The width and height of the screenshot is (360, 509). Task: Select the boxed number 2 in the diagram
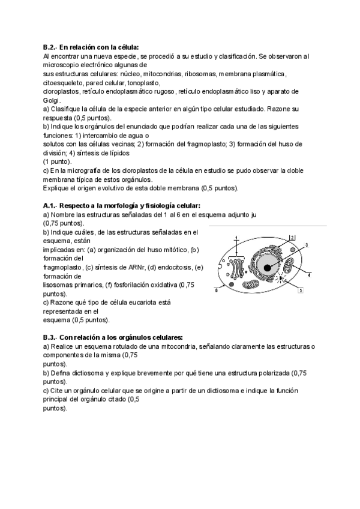pos(292,237)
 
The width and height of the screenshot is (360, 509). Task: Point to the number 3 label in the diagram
pos(307,245)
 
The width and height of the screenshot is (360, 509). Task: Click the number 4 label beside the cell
pos(308,275)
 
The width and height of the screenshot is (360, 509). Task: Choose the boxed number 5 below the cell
pos(299,290)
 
